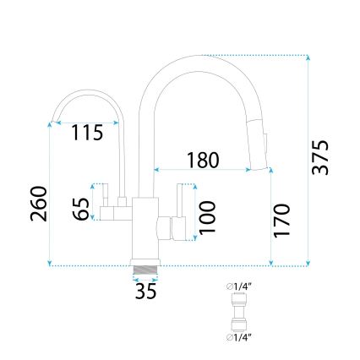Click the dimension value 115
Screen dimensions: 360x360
click(88, 133)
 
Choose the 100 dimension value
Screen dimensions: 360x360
click(207, 218)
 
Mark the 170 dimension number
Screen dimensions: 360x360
click(282, 221)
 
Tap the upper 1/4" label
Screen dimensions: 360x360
click(240, 287)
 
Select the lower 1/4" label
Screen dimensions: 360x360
click(240, 337)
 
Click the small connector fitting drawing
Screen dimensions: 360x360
click(239, 312)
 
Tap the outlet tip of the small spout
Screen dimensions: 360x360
click(52, 122)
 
